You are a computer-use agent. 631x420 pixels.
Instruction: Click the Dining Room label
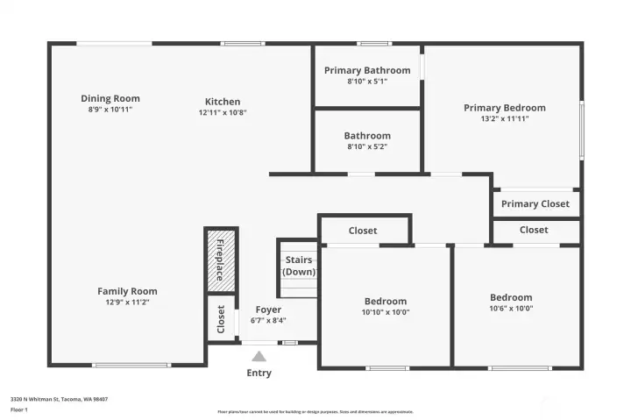point(110,98)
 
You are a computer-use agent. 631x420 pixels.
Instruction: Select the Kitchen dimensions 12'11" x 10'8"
point(223,112)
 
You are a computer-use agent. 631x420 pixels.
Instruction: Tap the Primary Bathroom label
point(367,70)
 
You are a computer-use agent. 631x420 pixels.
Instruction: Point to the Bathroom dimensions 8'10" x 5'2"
point(367,146)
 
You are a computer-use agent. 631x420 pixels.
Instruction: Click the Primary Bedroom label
point(504,108)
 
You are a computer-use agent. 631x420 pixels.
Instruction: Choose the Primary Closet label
point(535,203)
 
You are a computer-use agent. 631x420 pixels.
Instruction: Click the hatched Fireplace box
point(220,259)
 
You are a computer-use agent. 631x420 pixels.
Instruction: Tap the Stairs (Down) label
point(298,266)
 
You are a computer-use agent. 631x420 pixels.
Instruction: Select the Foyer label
point(268,310)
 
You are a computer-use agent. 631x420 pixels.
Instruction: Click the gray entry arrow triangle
point(259,357)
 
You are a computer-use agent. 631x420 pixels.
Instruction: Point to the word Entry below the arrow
point(259,373)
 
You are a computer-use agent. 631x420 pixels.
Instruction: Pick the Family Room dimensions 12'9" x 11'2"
point(127,302)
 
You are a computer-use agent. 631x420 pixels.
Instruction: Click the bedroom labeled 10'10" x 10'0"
point(386,306)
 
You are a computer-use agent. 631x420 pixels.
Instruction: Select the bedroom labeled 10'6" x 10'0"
point(511,303)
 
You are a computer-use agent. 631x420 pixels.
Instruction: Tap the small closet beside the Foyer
point(220,319)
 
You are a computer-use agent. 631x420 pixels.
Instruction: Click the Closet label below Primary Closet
point(533,230)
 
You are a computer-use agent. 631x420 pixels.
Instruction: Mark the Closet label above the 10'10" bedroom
point(363,231)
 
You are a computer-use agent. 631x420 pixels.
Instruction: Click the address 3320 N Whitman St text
point(59,399)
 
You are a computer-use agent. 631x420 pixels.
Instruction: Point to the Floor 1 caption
point(19,409)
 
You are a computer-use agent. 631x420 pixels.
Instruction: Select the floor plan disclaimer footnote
point(315,411)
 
